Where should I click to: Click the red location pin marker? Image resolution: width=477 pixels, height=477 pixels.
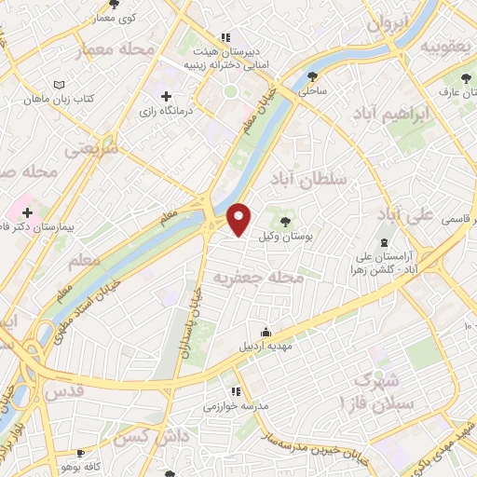tap(239, 219)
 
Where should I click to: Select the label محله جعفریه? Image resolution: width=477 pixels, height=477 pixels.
tap(259, 277)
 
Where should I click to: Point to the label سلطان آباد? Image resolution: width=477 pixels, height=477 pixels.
tap(307, 177)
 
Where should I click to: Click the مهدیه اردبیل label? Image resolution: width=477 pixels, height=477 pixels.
tap(268, 347)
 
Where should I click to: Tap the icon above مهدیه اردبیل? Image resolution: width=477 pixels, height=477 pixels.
tap(266, 332)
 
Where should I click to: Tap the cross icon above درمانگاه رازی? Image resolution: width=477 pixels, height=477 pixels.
tap(167, 96)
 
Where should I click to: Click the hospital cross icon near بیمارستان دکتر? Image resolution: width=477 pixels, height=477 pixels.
tap(27, 213)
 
